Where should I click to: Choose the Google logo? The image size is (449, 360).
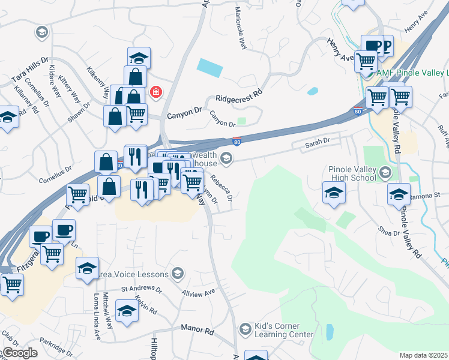(19, 353)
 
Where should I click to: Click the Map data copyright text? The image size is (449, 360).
(424, 355)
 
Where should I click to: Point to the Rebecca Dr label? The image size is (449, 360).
(221, 187)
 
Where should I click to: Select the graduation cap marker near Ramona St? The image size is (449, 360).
(399, 193)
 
